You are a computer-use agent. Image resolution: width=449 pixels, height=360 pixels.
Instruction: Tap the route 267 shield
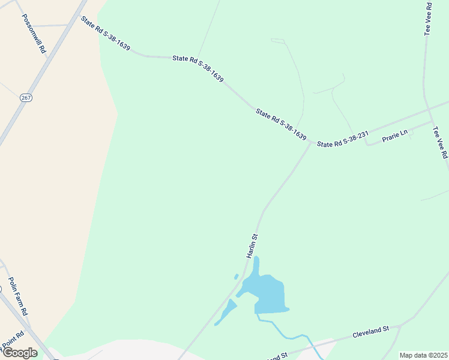click(x=25, y=97)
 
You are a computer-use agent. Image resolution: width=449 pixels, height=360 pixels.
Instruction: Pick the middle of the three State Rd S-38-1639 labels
click(x=197, y=69)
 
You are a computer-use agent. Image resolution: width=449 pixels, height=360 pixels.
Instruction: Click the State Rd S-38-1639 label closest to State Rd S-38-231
click(x=281, y=124)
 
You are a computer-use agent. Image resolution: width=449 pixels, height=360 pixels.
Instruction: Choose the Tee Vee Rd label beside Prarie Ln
click(x=441, y=142)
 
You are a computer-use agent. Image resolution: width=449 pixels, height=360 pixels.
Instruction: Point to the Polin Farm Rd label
click(x=18, y=296)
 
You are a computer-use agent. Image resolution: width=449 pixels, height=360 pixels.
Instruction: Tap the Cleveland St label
click(x=370, y=332)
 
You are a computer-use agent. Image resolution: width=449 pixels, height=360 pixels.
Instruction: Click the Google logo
click(x=20, y=352)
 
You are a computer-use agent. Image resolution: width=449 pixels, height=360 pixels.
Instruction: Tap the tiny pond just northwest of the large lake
click(x=236, y=277)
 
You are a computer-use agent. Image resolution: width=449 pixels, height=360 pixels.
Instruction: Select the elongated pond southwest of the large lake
click(x=226, y=313)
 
